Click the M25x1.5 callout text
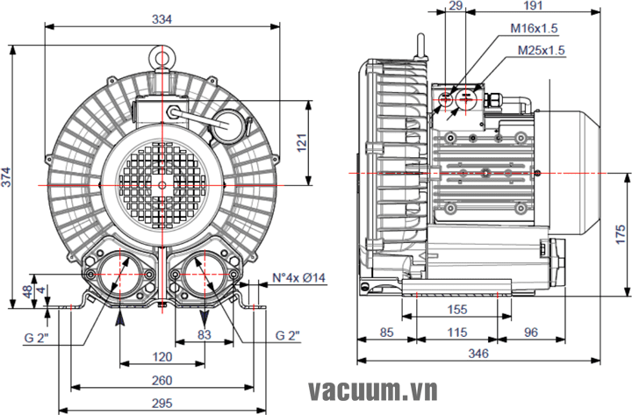(542, 50)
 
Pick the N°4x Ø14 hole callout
(298, 278)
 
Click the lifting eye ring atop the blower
(162, 56)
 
